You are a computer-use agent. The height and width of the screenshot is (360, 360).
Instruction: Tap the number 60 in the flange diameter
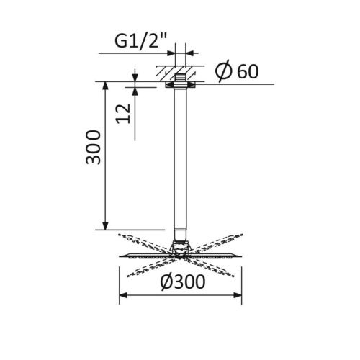click(x=244, y=71)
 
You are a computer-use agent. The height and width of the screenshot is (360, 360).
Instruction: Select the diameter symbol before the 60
click(x=223, y=71)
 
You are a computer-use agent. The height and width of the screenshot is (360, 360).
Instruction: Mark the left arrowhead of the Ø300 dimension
click(x=122, y=295)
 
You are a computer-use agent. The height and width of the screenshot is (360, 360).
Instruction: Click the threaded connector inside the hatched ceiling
click(x=180, y=75)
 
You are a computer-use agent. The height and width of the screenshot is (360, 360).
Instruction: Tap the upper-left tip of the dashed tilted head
click(x=117, y=235)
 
